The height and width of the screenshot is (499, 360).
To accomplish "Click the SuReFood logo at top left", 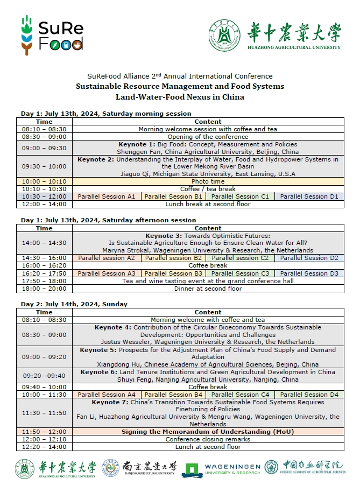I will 52,35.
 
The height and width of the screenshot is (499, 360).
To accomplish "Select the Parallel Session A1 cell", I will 107,196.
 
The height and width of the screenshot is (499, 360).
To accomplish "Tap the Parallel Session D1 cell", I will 309,196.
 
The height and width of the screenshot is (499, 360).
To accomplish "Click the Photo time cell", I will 208,181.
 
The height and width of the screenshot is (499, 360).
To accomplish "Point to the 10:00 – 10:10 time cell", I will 44,181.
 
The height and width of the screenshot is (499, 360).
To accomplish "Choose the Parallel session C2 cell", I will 240,258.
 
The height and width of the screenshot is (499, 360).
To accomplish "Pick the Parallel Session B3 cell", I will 173,273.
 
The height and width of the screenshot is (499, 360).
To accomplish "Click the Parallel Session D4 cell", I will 309,395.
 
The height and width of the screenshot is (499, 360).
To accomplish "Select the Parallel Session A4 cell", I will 107,395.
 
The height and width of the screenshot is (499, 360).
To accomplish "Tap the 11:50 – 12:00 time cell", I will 44,432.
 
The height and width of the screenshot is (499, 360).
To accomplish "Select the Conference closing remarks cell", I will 208,439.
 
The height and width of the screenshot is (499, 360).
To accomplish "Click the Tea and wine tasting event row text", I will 208,281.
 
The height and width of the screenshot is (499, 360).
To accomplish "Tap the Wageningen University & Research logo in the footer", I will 221,469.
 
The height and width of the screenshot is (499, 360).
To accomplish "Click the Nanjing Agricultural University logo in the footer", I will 139,469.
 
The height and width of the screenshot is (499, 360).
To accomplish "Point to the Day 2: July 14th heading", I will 74,304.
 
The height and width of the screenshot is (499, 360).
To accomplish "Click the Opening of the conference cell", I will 208,137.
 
